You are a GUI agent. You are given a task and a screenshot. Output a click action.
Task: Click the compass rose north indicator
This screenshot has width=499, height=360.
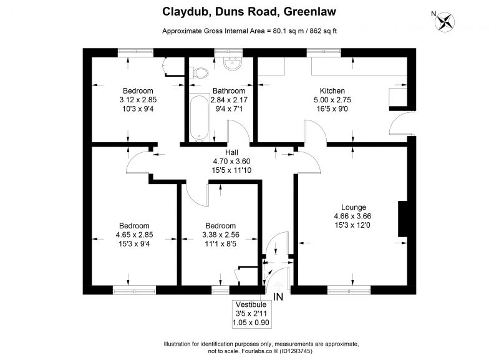[x=445, y=21]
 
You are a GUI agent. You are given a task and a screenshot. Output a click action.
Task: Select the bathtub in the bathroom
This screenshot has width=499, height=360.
[x=199, y=118]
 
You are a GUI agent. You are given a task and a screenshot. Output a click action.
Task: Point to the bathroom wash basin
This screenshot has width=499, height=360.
[x=233, y=63]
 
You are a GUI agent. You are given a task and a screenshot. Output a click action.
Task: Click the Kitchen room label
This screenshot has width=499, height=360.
[x=332, y=90]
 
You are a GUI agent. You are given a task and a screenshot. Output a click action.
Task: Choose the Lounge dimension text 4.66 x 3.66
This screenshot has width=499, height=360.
[x=352, y=216]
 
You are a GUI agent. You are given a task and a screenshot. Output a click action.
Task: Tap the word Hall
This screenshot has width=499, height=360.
[x=231, y=152]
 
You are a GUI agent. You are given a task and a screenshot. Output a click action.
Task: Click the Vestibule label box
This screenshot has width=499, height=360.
[x=251, y=314]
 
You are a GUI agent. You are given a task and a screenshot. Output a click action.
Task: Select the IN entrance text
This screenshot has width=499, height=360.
[x=278, y=297]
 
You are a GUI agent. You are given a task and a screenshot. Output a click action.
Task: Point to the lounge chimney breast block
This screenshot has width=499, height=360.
[x=402, y=218]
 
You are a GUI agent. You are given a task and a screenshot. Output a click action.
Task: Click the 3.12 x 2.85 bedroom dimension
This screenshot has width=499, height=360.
[x=138, y=100]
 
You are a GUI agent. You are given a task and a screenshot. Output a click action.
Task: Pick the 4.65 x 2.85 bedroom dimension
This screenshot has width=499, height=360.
[x=134, y=235]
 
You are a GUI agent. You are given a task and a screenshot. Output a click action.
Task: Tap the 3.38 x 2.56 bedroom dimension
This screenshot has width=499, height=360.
[x=221, y=235]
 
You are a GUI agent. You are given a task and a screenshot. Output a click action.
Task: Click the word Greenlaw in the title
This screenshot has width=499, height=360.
[x=309, y=12]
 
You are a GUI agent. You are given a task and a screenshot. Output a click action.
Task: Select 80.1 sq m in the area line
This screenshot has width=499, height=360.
[x=284, y=31]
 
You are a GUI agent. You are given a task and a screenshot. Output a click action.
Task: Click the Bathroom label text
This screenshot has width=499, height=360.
[x=229, y=90]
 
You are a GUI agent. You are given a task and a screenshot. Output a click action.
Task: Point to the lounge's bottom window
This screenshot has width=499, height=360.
[x=349, y=290]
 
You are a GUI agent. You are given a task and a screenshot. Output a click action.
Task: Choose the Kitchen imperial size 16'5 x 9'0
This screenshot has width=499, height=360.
[x=332, y=109]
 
